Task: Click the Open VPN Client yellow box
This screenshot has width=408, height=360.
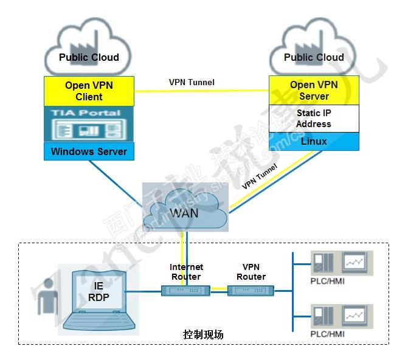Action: coord(89,91)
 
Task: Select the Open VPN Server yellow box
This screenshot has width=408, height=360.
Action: coord(314,91)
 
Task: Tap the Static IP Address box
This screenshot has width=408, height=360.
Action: coord(314,119)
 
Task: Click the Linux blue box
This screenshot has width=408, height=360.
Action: coord(314,141)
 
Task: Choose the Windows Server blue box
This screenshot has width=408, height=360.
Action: coord(89,151)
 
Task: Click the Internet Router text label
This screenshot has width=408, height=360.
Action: coord(186,272)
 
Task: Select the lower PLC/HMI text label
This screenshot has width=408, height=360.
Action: coord(327,334)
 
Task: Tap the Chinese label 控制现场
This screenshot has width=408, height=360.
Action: coord(203,334)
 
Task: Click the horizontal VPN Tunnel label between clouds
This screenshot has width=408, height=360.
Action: coord(192,82)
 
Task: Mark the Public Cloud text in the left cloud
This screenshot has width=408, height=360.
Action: coord(89,58)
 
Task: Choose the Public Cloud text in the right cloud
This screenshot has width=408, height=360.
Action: coord(314,58)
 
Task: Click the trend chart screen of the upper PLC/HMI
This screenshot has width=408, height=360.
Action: coord(356,261)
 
